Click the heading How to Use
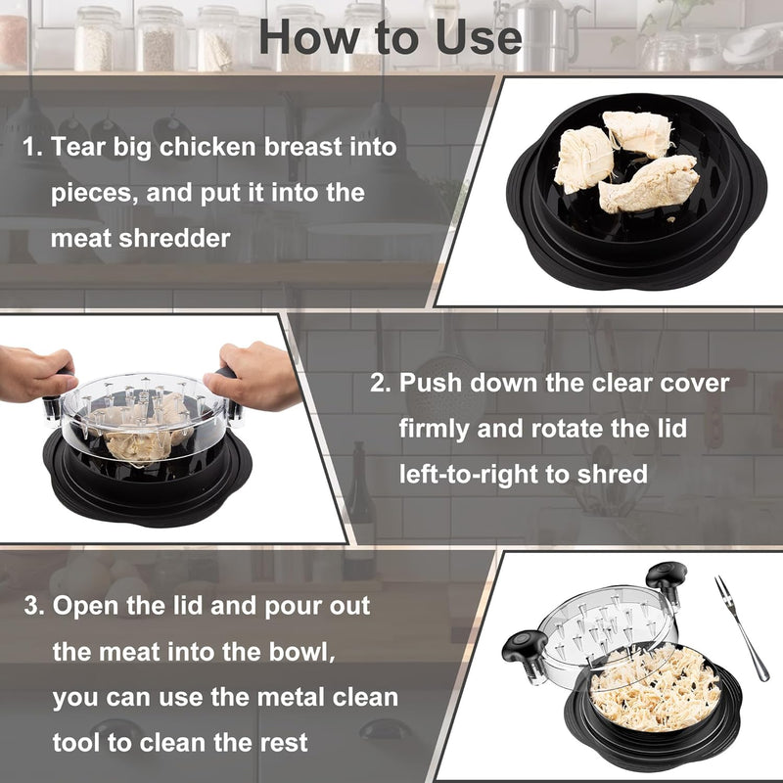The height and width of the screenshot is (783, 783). click(391, 37)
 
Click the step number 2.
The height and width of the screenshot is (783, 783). click(380, 382)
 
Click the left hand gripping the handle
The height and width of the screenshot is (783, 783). click(34, 373)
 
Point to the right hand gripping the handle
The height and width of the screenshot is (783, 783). click(256, 373)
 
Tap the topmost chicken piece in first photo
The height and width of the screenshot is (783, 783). click(638, 132)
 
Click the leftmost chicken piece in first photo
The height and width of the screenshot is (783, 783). click(584, 159)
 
